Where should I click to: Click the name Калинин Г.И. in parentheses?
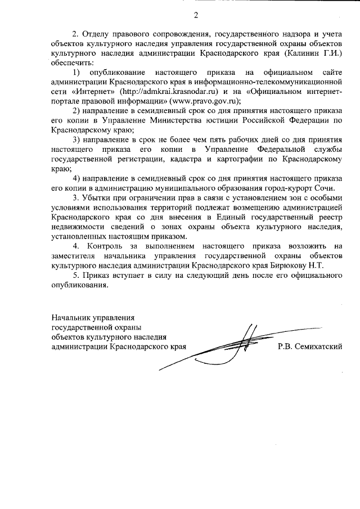(316, 52)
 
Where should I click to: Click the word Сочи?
(323, 188)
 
